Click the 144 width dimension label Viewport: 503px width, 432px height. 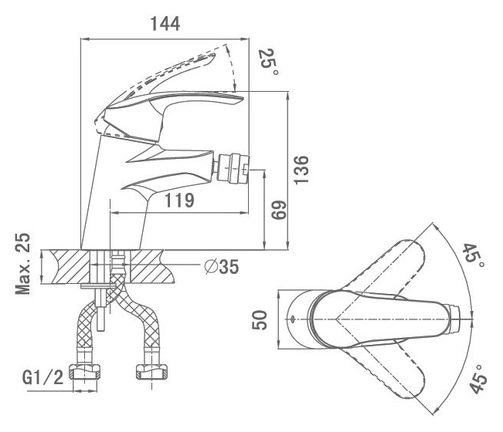tap(165, 24)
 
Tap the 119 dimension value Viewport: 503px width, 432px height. tap(179, 201)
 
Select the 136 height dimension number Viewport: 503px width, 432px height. tap(301, 170)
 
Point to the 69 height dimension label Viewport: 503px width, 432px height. tap(278, 210)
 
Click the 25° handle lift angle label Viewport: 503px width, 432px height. tap(269, 62)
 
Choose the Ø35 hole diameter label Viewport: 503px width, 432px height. tap(222, 266)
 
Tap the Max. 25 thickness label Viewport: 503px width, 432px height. tap(23, 264)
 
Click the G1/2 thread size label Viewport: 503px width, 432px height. tap(43, 377)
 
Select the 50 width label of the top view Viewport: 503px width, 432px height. tap(260, 319)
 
